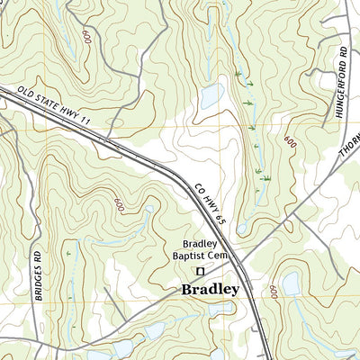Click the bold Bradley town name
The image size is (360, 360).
(210, 290)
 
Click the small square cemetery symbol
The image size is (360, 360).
(202, 270)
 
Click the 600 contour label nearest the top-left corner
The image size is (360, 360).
(86, 38)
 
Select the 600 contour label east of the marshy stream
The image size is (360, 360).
(290, 142)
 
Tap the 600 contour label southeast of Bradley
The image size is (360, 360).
(272, 293)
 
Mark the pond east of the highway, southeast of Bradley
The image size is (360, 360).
(291, 284)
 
